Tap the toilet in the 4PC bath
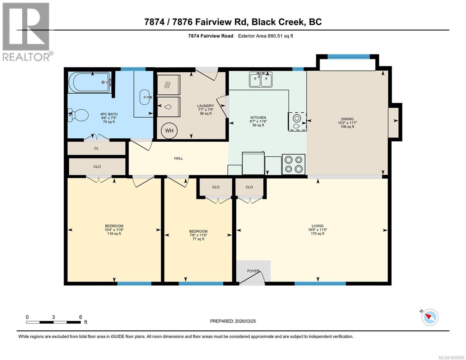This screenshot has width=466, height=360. (79, 115)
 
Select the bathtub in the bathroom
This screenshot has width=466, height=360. (89, 82)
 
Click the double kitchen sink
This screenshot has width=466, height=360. (260, 79)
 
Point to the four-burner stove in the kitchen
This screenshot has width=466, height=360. (293, 164)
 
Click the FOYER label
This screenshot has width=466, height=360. (253, 271)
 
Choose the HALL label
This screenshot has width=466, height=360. (179, 158)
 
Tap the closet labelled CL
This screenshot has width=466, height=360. (96, 148)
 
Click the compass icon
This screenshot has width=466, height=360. (430, 317)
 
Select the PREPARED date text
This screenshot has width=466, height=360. (233, 321)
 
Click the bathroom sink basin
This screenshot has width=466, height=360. (146, 97)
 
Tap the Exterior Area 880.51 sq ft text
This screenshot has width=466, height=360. (265, 36)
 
